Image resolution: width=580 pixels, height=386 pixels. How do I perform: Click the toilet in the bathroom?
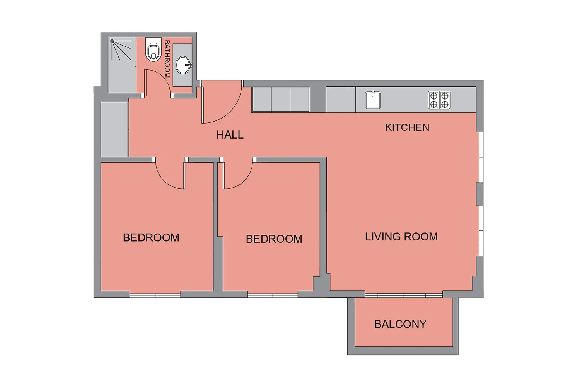click(x=153, y=49)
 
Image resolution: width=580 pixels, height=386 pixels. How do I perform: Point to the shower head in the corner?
click(x=112, y=41)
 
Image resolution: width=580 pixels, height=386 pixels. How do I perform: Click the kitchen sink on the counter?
click(x=373, y=100)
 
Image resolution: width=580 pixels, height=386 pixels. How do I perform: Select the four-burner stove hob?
click(x=439, y=100)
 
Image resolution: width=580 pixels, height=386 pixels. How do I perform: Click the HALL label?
click(x=230, y=135)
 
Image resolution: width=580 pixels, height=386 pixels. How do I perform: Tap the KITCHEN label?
click(x=407, y=127)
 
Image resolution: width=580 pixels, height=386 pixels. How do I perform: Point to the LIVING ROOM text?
click(x=401, y=237)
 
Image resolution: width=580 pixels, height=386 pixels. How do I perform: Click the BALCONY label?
click(x=400, y=324)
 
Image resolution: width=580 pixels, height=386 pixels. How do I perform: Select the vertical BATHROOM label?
click(x=167, y=59)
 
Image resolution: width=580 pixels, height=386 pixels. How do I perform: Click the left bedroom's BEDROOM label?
click(x=151, y=238)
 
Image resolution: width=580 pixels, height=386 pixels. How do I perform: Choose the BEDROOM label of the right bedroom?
click(x=274, y=239)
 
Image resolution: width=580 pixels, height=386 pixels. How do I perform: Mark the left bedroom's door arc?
click(x=164, y=181)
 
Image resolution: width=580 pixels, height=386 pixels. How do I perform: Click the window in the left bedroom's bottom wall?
click(x=155, y=296)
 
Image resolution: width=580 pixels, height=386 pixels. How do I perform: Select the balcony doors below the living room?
click(x=404, y=295)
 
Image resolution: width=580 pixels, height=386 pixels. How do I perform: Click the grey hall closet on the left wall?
click(x=114, y=129)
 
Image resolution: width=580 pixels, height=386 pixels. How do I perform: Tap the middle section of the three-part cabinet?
click(x=281, y=100)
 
